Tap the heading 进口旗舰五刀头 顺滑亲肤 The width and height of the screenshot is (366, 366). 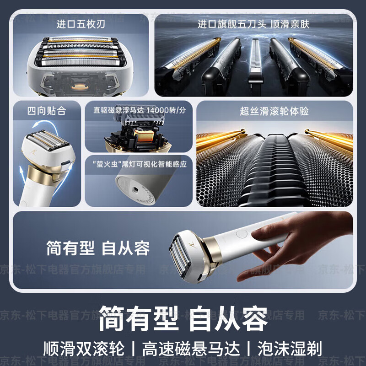pos(253,24)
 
